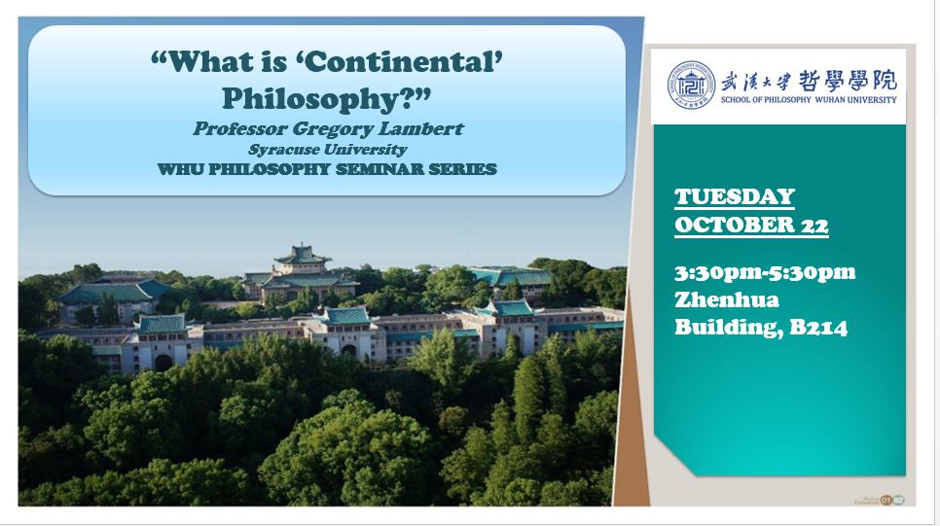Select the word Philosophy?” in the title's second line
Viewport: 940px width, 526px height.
pyautogui.click(x=327, y=99)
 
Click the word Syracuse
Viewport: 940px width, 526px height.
pyautogui.click(x=282, y=150)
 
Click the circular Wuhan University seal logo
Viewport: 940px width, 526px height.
pyautogui.click(x=691, y=85)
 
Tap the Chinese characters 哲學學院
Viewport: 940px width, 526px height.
pyautogui.click(x=848, y=81)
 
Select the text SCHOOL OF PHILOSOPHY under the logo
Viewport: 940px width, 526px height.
pyautogui.click(x=766, y=100)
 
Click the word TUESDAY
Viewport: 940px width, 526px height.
pyautogui.click(x=735, y=197)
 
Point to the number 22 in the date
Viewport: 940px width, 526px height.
pyautogui.click(x=814, y=226)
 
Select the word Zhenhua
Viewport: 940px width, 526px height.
pyautogui.click(x=727, y=299)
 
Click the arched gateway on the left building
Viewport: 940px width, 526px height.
pyautogui.click(x=163, y=363)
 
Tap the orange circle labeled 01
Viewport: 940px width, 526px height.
pyautogui.click(x=886, y=501)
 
